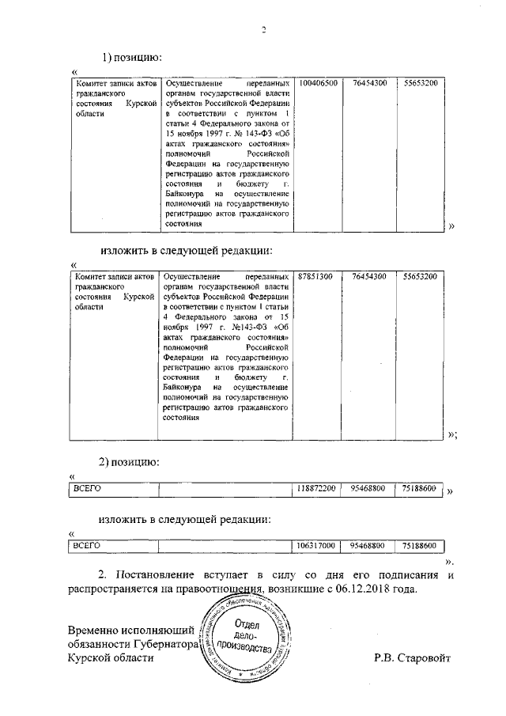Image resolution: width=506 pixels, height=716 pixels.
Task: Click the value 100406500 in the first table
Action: (318, 83)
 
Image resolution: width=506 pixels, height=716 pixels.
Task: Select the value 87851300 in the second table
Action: (315, 276)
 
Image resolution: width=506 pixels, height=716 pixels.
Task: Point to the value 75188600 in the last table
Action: (419, 545)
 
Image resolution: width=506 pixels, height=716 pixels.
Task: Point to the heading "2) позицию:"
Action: (130, 460)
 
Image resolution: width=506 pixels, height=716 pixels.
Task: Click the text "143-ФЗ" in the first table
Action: (247, 134)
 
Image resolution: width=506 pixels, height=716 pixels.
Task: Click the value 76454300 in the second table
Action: (369, 276)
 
